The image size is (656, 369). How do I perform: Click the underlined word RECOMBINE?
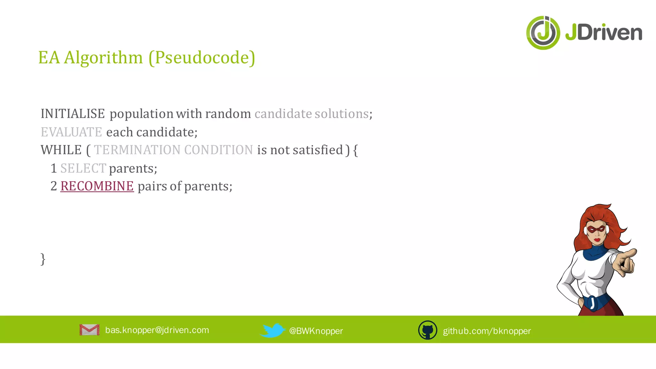pyautogui.click(x=97, y=186)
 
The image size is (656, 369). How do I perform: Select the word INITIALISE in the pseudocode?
pyautogui.click(x=73, y=114)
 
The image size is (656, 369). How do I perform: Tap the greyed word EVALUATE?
pyautogui.click(x=71, y=132)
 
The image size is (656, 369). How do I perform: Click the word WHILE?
pyautogui.click(x=61, y=150)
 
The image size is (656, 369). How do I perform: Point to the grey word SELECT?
pyautogui.click(x=83, y=168)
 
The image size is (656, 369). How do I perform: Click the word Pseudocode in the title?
pyautogui.click(x=202, y=58)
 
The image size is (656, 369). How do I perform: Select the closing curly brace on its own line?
pyautogui.click(x=43, y=259)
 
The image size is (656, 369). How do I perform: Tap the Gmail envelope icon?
pyautogui.click(x=89, y=330)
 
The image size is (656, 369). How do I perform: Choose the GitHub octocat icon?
pyautogui.click(x=428, y=330)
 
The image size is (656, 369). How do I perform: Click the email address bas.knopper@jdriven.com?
pyautogui.click(x=157, y=330)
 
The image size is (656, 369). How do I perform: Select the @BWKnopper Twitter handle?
pyautogui.click(x=316, y=331)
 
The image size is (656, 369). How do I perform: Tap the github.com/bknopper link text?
pyautogui.click(x=487, y=331)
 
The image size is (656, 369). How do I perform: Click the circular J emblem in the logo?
pyautogui.click(x=543, y=33)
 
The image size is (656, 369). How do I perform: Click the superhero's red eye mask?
pyautogui.click(x=596, y=229)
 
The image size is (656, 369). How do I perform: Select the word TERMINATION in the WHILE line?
pyautogui.click(x=137, y=150)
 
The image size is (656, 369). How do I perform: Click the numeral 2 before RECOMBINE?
pyautogui.click(x=53, y=186)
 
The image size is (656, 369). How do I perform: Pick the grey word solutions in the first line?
pyautogui.click(x=341, y=114)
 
